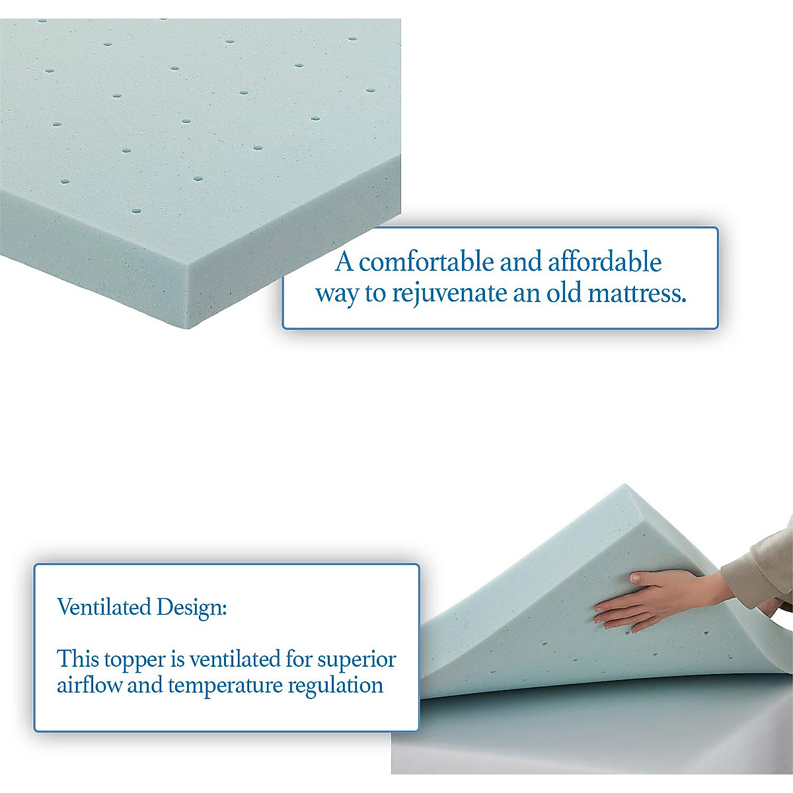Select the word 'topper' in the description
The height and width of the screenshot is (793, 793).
[135, 660]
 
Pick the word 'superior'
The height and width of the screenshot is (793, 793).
[356, 660]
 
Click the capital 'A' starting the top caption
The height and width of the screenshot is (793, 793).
[344, 262]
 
